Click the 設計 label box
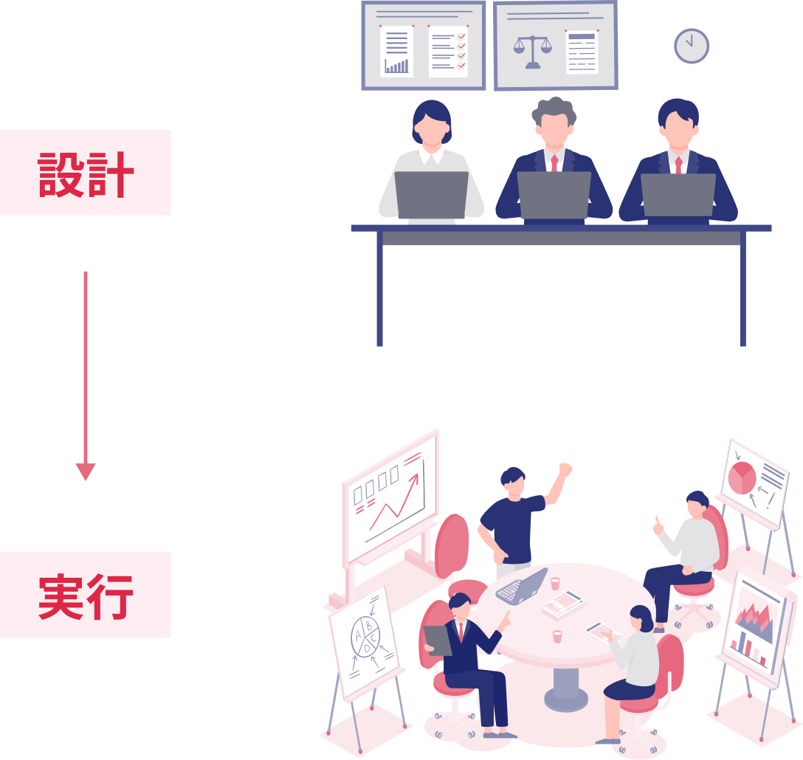pos(86,173)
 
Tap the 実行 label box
pos(86,595)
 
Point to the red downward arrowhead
pos(86,471)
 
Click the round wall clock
pos(692,46)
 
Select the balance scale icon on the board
pos(532,50)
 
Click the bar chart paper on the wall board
pos(397,51)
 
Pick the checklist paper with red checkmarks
pos(448,52)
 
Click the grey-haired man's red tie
pos(554,163)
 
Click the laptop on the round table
pos(522,586)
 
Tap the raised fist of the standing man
pos(565,469)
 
